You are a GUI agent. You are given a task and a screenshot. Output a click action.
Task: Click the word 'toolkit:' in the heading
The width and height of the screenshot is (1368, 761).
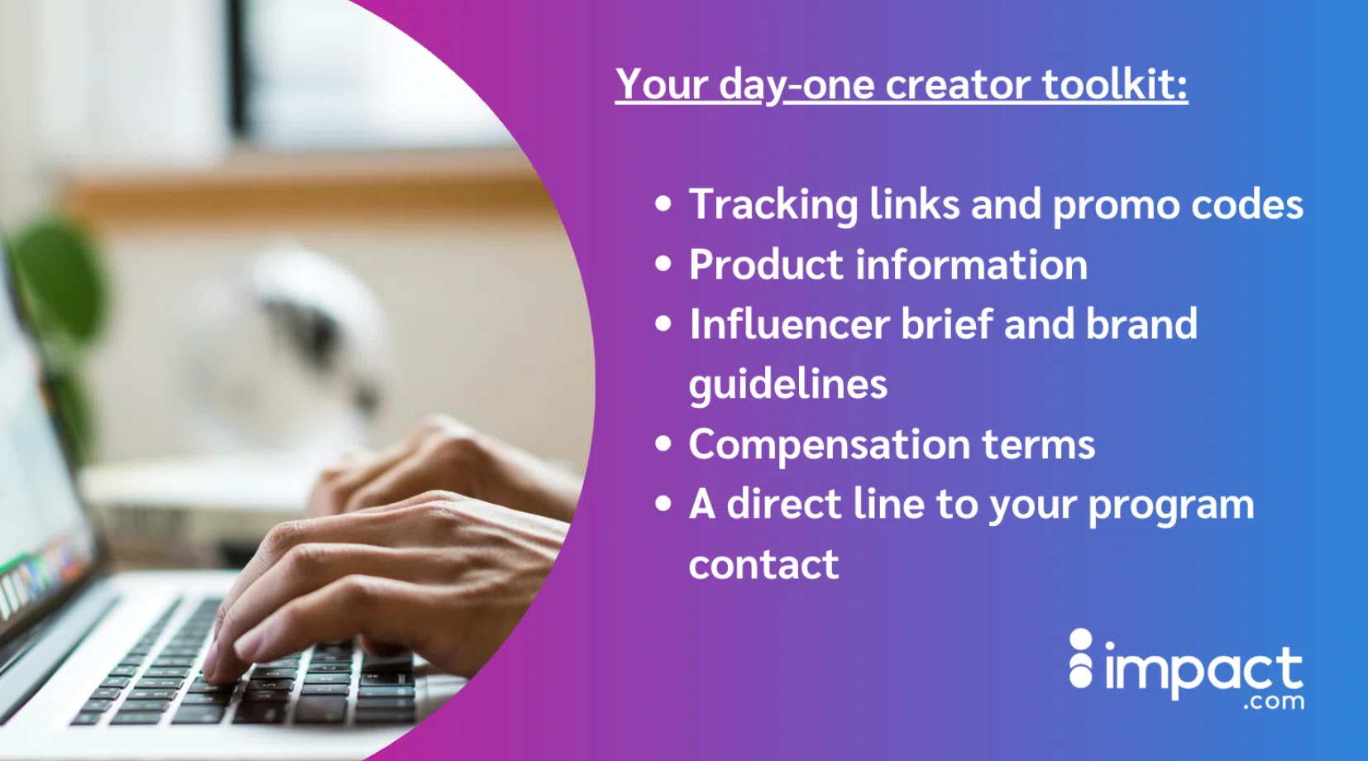pos(1115,84)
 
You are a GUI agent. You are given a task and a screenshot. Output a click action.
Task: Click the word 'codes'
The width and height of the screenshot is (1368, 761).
pos(1247,204)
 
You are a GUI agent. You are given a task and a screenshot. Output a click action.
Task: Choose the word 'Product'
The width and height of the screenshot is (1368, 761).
pos(767,265)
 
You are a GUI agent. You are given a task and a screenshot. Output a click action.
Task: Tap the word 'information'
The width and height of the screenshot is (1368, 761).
pos(972,265)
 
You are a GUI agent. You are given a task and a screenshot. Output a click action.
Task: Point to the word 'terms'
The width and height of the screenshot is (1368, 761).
pos(1038,445)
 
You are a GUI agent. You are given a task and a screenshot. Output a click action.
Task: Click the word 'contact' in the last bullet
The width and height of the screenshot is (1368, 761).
pos(763,564)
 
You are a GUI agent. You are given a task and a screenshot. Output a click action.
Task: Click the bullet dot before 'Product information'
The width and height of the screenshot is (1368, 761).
pos(663,265)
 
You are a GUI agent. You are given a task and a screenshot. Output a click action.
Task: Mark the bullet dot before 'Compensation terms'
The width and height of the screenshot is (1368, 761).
pos(663,444)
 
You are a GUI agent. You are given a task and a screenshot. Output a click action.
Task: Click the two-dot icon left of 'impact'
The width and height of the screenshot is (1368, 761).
pos(1081,658)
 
